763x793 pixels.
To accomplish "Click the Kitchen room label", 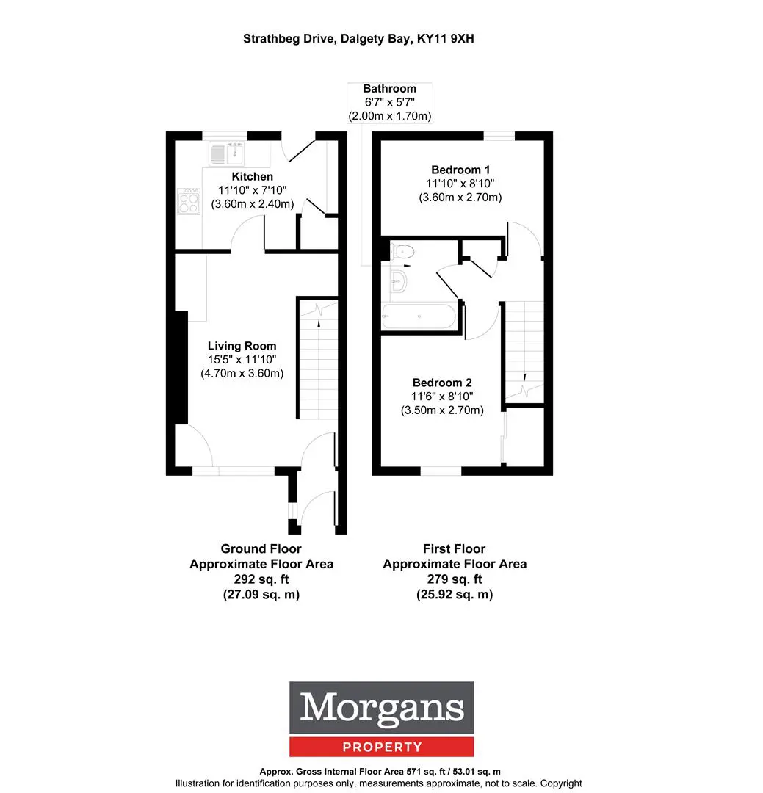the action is (x=252, y=176).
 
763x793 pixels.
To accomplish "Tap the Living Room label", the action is (x=242, y=346).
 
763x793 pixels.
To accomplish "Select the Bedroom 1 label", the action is (x=460, y=170).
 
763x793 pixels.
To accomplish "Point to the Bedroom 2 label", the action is (x=442, y=383).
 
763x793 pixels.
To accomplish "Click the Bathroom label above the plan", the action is (x=390, y=89).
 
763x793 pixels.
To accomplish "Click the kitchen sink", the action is (x=226, y=153).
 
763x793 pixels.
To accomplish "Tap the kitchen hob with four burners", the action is (x=189, y=201).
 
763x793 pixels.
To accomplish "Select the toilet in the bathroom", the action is (x=402, y=251).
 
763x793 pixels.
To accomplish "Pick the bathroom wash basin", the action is (x=398, y=281).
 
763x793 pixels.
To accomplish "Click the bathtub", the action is (x=419, y=316).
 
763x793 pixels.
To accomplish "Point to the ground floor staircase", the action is (x=317, y=359).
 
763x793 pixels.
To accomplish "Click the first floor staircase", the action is (x=524, y=352).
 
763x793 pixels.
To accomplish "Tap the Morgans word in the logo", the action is (x=382, y=708).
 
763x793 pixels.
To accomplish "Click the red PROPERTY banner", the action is (x=382, y=747).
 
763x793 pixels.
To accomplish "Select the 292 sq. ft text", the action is (x=261, y=579).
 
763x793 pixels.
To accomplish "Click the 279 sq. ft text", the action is (x=455, y=579).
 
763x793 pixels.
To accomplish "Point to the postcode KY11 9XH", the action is (x=445, y=39).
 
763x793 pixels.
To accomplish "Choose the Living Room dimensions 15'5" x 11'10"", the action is (x=242, y=360).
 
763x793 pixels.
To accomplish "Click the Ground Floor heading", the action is (x=261, y=548).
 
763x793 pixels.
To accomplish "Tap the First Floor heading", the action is (x=455, y=548).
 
